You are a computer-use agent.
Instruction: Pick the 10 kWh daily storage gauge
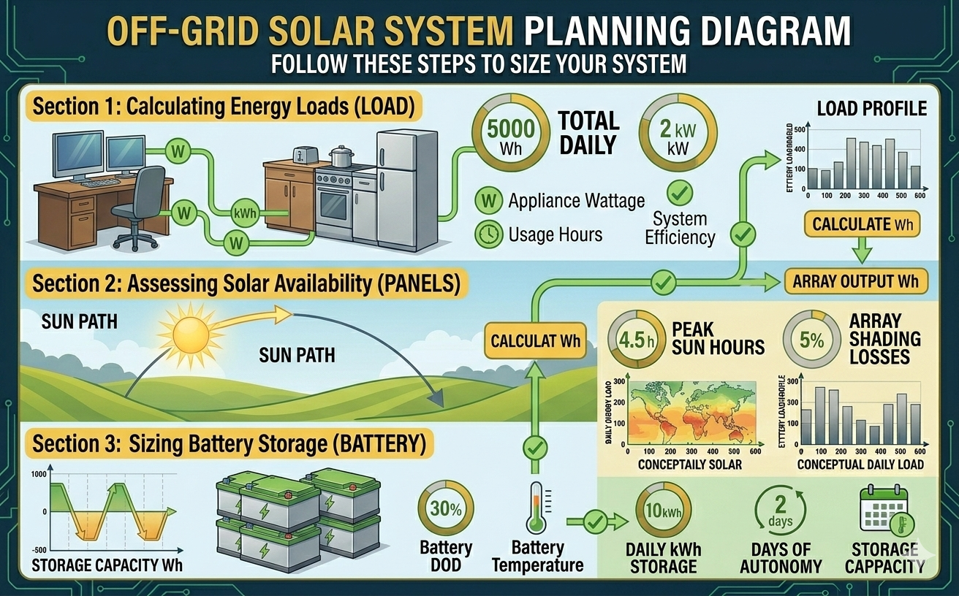coord(664,509)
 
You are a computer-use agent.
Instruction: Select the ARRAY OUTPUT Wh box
coord(856,281)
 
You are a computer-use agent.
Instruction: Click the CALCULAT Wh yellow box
coord(536,341)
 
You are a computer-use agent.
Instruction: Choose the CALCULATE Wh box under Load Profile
coord(862,224)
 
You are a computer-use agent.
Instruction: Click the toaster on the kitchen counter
coord(303,155)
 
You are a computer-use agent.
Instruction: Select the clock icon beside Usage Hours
coord(488,234)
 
